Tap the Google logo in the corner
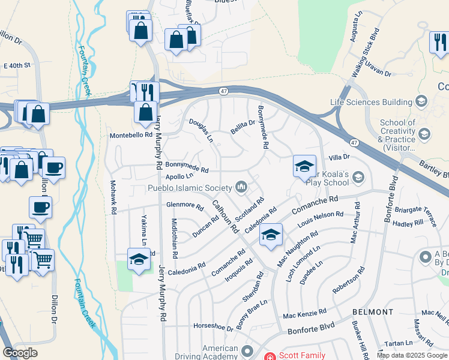[20, 353]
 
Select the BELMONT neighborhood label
[373, 312]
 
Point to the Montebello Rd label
[131, 136]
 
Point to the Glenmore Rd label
[185, 205]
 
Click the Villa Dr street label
[339, 157]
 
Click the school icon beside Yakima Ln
[139, 259]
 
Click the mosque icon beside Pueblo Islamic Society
[242, 188]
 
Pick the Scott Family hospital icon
[270, 356]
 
